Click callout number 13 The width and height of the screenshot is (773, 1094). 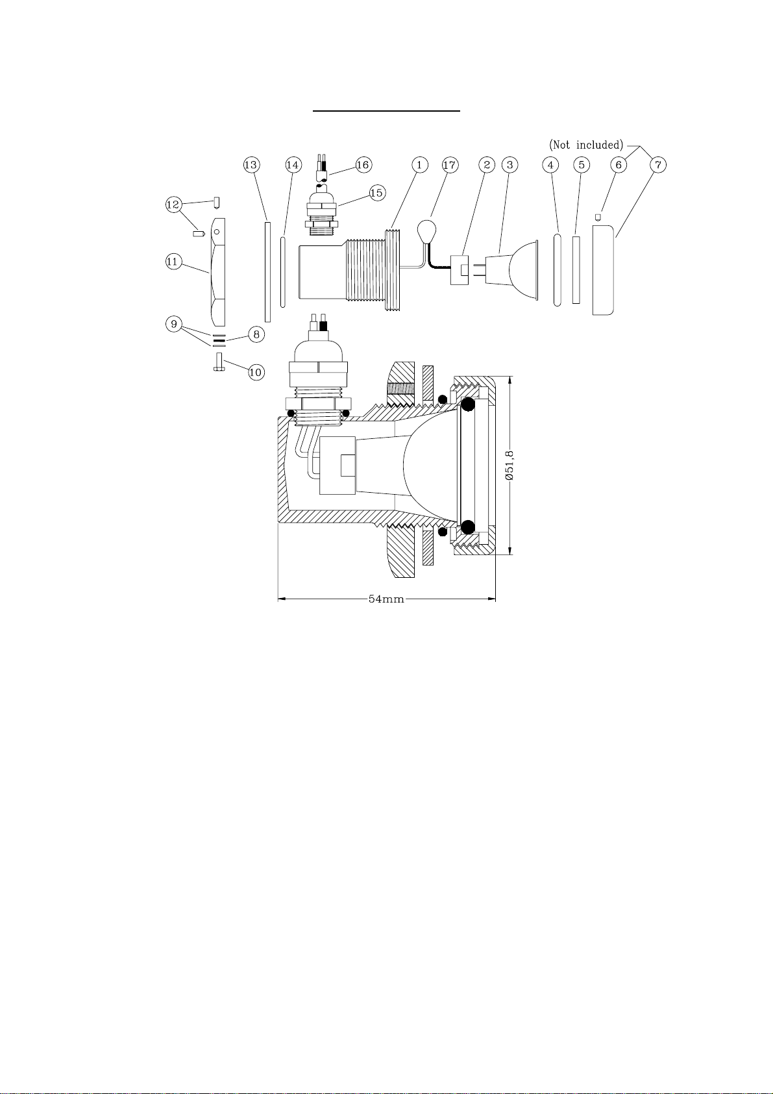click(251, 165)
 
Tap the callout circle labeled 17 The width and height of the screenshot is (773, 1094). click(450, 165)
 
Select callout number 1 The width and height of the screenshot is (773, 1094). click(419, 165)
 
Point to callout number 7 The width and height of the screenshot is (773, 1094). click(657, 165)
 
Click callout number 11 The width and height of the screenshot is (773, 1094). click(173, 262)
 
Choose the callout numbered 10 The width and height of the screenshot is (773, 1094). click(256, 373)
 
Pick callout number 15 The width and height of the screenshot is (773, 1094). click(376, 193)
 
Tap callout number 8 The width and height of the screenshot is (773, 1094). click(256, 334)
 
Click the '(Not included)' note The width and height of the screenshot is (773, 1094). click(586, 145)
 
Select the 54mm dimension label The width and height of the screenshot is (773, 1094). click(386, 599)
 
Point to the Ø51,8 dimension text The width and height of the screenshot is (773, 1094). click(509, 465)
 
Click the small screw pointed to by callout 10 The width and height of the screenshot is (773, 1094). click(219, 362)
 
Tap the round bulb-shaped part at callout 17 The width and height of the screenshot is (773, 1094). click(426, 230)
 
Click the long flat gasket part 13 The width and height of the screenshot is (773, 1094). click(267, 272)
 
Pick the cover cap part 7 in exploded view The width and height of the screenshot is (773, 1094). click(603, 270)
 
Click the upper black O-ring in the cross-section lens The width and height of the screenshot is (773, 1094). click(467, 404)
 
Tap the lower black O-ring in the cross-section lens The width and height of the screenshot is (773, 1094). click(467, 527)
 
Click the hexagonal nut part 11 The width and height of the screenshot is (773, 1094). click(218, 272)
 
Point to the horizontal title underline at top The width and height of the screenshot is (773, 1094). click(386, 111)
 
